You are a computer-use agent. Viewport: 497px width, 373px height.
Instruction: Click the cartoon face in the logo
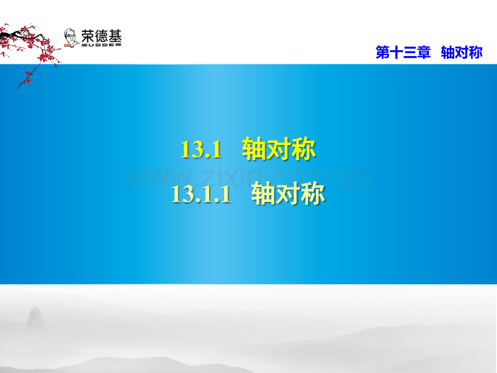click(70, 38)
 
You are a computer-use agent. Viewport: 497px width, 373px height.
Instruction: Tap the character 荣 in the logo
click(88, 36)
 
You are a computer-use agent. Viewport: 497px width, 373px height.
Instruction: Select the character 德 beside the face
click(101, 36)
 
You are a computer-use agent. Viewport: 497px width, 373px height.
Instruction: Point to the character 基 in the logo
click(115, 36)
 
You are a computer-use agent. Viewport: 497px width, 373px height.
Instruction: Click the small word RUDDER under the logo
click(102, 45)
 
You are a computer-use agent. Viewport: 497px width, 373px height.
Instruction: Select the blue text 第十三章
click(403, 52)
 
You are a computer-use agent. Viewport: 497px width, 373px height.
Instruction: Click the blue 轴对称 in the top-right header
click(462, 52)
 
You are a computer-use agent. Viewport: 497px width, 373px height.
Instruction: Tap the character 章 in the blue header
click(424, 52)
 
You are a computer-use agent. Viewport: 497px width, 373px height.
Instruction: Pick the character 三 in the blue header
click(410, 52)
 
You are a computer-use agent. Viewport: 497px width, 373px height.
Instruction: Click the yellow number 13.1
click(201, 149)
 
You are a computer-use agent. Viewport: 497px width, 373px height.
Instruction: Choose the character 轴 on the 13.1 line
click(254, 149)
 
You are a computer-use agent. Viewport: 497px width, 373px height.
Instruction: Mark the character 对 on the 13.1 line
click(279, 149)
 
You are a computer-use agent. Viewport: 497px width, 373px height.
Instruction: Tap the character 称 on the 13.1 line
click(304, 149)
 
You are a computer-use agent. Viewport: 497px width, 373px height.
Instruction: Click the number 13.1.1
click(201, 194)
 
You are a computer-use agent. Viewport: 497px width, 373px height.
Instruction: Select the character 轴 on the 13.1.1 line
click(263, 193)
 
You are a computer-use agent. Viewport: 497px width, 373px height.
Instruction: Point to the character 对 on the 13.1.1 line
click(288, 193)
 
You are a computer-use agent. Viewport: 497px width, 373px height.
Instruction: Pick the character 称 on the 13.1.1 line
click(313, 193)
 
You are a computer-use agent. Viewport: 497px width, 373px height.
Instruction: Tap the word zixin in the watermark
click(232, 176)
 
